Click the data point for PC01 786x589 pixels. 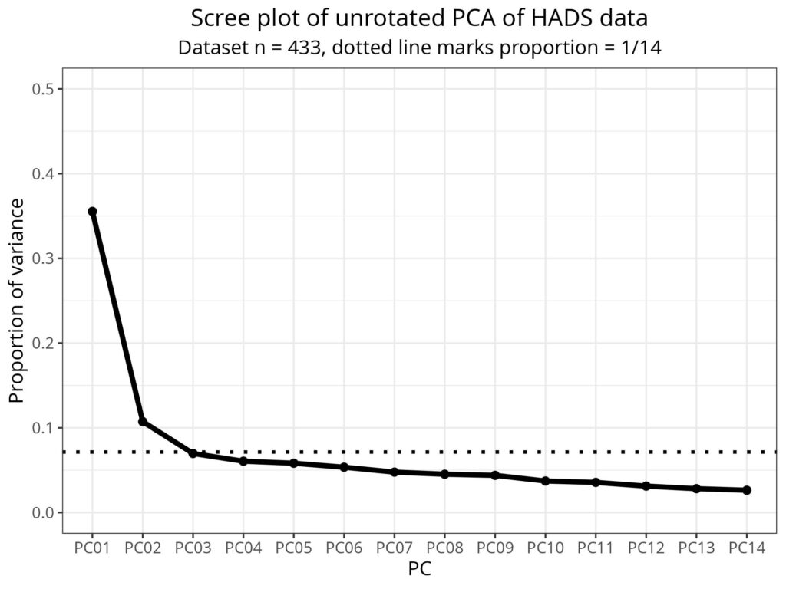92,212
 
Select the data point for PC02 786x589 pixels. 143,422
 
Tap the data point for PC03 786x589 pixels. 193,453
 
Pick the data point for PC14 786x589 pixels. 747,490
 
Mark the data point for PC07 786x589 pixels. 395,472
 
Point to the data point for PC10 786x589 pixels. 545,481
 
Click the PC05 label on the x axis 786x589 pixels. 293,549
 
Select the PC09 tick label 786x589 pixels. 495,549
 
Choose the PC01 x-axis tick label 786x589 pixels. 92,549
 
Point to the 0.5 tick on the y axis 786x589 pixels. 47,89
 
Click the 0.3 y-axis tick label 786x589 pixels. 47,258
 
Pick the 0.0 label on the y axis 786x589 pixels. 47,512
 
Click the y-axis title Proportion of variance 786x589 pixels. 17,301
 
